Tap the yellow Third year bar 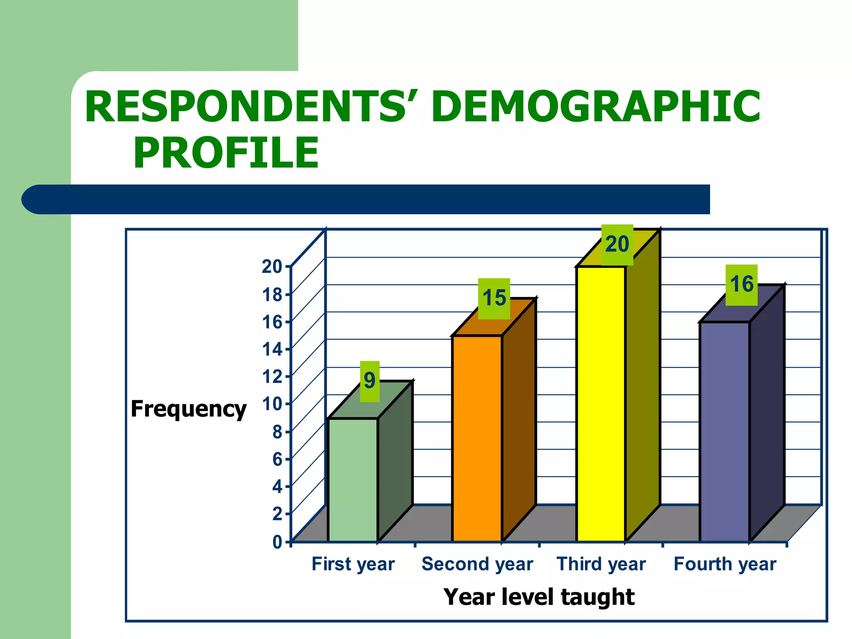tap(601, 404)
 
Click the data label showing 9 tap(369, 381)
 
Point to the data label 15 tap(494, 298)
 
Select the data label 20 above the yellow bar tap(617, 245)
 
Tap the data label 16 tap(741, 285)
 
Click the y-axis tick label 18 tap(272, 295)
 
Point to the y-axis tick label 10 tap(272, 404)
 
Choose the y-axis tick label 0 tap(277, 542)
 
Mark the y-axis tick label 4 tap(277, 486)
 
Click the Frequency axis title tap(188, 409)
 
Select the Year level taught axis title tap(539, 597)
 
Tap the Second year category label tap(477, 564)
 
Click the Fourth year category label tap(724, 564)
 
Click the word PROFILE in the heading tap(226, 153)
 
